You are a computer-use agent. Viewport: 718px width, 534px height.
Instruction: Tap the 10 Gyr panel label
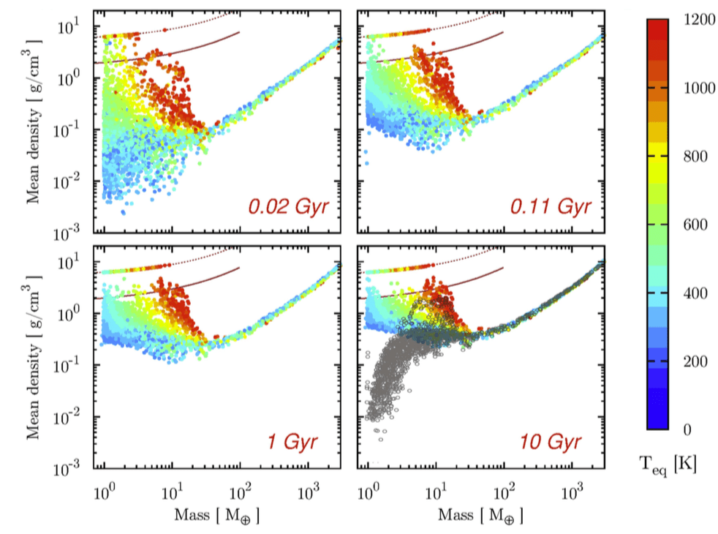pyautogui.click(x=551, y=442)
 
